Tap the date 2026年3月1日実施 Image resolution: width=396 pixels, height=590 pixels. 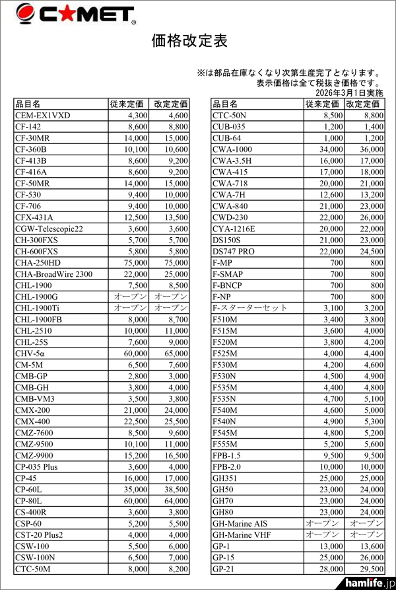[x=344, y=93]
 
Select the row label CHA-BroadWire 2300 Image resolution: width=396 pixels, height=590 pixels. [x=53, y=274]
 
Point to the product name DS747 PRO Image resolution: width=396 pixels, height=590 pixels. [x=234, y=252]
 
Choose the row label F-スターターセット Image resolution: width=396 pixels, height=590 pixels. [x=250, y=308]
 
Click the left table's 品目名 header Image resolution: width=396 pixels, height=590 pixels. [x=28, y=104]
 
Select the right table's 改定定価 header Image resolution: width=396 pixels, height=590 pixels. [x=364, y=104]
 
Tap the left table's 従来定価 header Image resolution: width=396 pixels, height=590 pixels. [x=127, y=104]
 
